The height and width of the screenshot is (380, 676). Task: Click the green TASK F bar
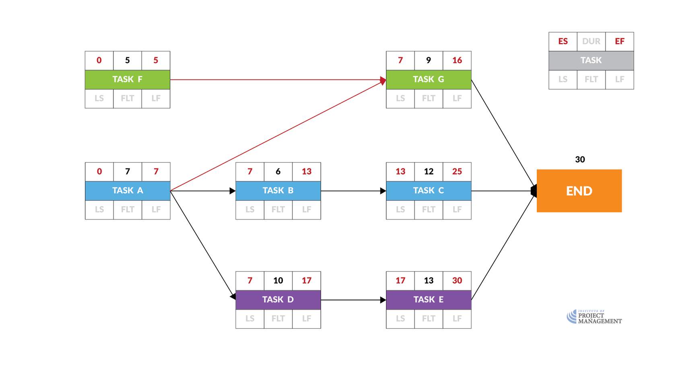coord(127,80)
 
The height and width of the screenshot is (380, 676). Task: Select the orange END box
coord(579,191)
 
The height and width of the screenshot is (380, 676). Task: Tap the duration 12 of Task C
coord(429,172)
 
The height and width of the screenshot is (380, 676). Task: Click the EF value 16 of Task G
coord(457,60)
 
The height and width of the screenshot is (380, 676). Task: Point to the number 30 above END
coord(580,160)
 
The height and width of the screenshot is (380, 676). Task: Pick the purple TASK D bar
coord(278,300)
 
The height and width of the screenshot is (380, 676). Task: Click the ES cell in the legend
coord(563,41)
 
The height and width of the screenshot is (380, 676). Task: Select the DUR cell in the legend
coord(591,41)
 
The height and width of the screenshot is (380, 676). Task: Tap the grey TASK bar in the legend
coord(591,60)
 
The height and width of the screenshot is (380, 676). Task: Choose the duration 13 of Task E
coord(429,281)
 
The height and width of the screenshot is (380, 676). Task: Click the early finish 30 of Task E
coord(457,281)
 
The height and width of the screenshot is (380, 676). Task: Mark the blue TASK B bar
coord(278,191)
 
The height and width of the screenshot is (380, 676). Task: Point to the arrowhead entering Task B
coord(233,191)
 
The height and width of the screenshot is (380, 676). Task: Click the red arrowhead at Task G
coord(383,80)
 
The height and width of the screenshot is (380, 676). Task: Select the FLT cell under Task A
coord(128,210)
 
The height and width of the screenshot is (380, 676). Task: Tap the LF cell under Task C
coord(457,210)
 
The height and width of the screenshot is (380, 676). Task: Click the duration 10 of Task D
coord(278,281)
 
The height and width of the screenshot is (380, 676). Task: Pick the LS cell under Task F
coord(99,99)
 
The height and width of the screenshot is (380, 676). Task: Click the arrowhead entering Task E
coord(383,300)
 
